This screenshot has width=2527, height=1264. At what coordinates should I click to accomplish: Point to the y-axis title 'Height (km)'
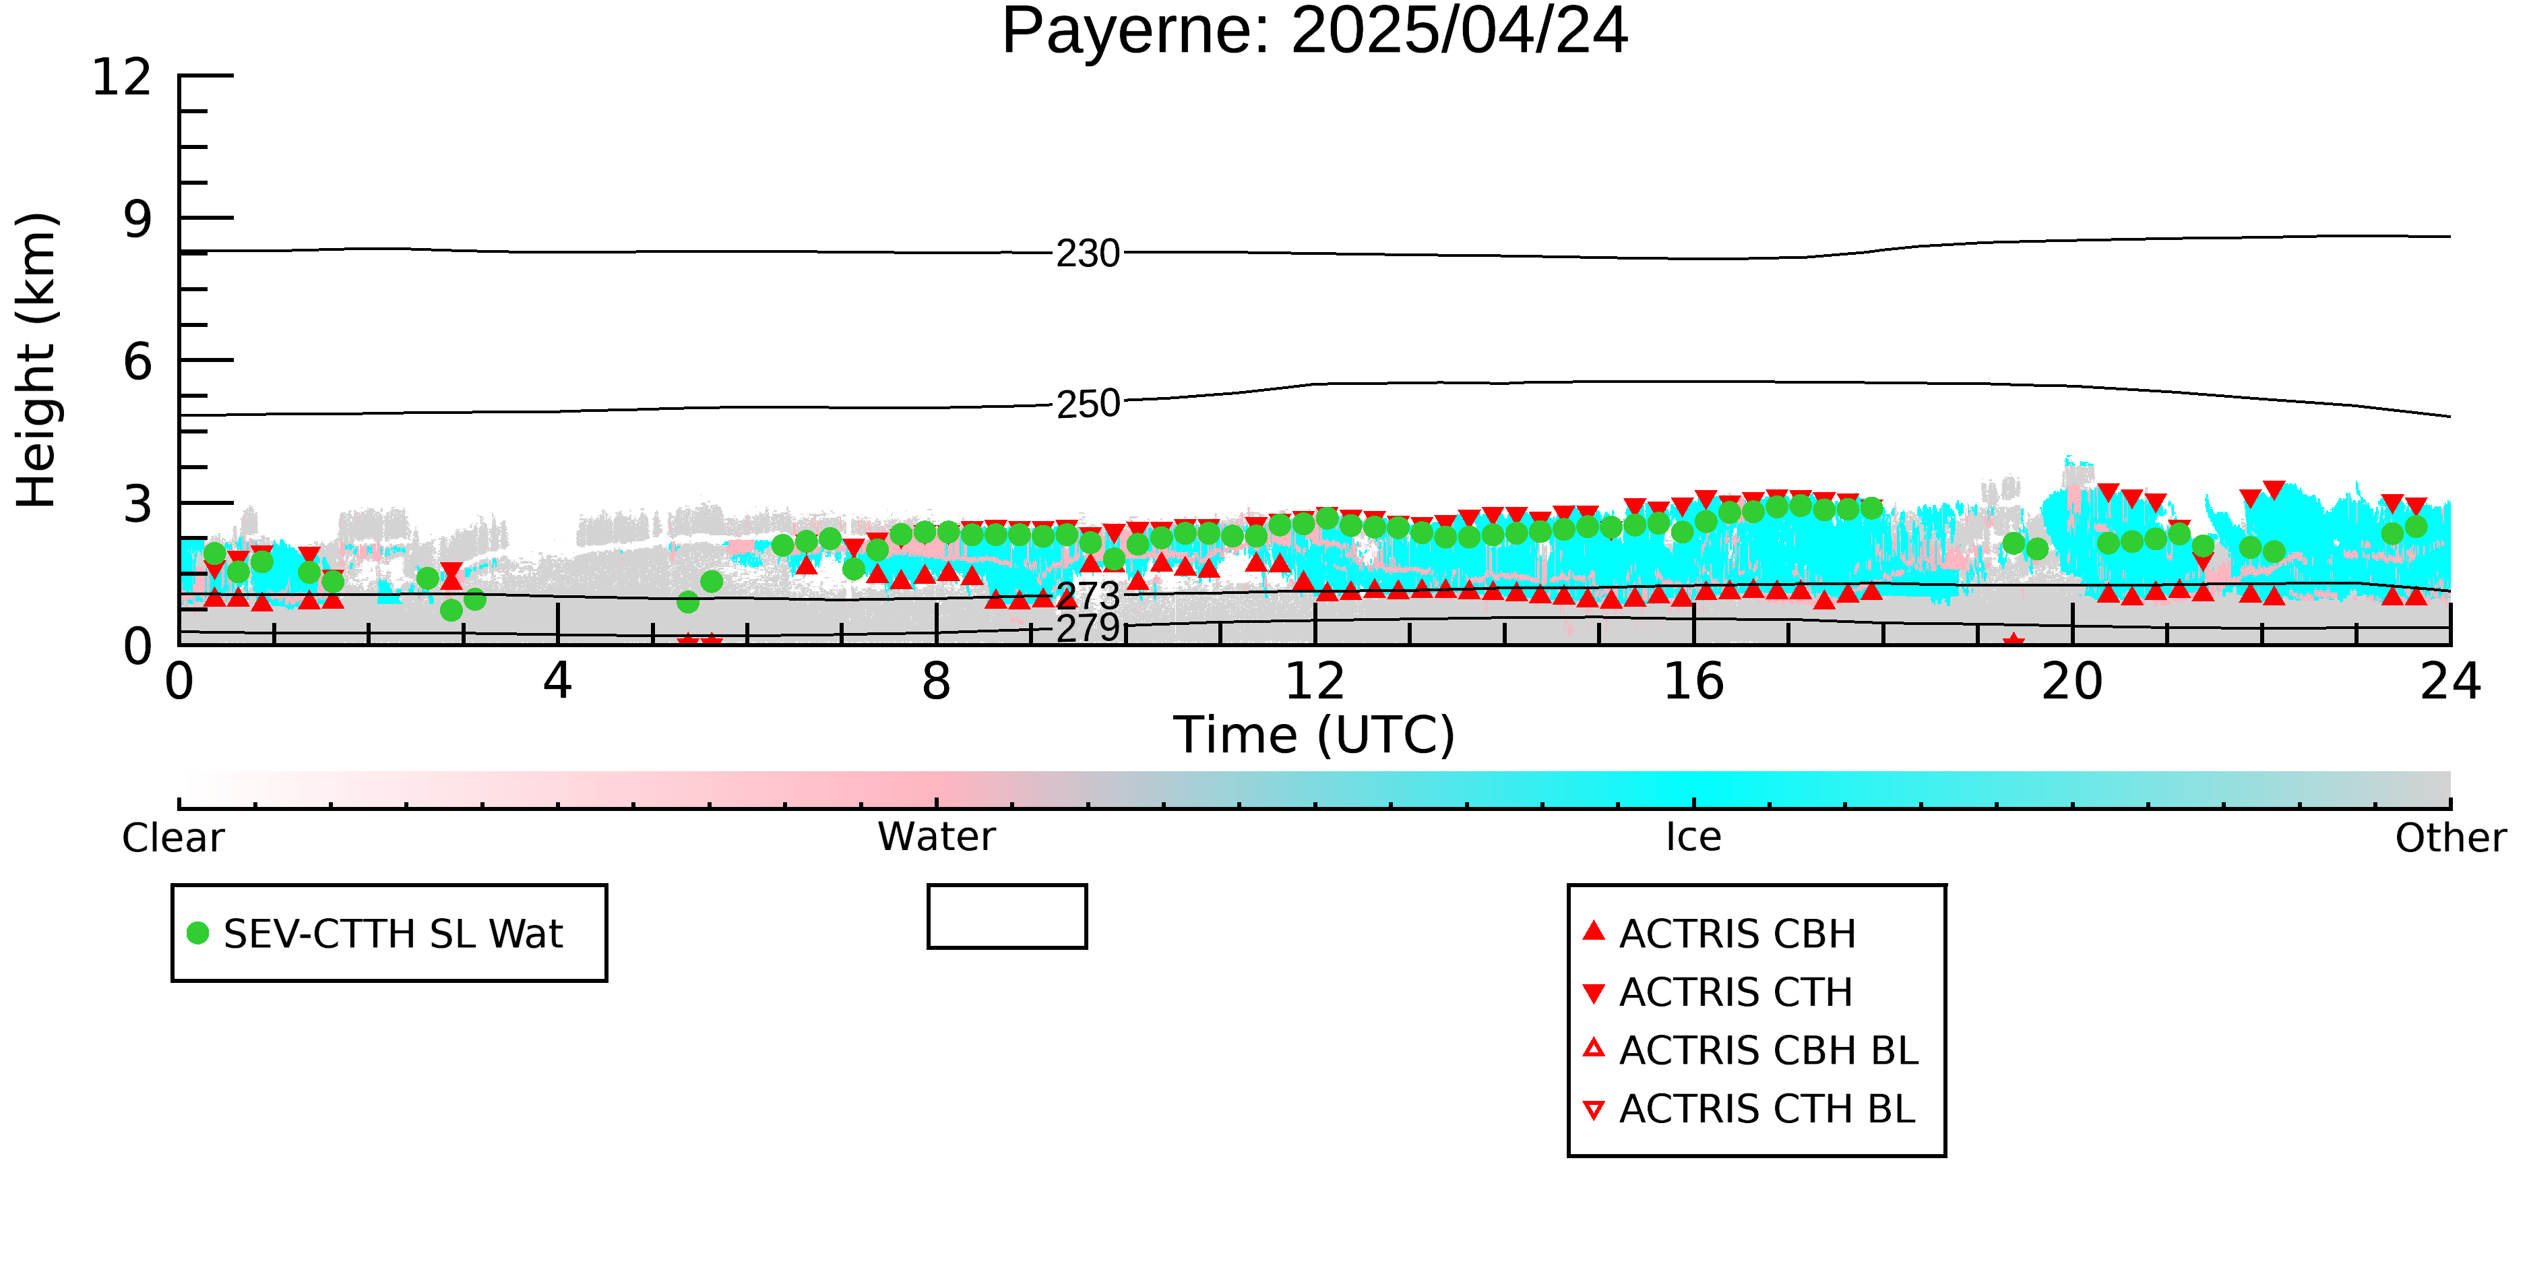(37, 360)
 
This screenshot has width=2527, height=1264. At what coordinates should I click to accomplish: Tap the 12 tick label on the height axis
(122, 77)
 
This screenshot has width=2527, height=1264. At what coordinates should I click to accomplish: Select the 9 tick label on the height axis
(138, 219)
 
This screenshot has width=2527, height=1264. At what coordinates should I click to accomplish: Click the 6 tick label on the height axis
(138, 362)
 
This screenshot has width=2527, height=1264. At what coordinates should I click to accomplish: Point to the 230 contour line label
(1088, 253)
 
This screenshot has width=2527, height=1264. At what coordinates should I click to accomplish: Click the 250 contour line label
(1088, 403)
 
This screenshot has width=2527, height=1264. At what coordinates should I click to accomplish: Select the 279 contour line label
(1088, 628)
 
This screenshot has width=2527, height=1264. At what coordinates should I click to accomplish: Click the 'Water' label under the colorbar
(937, 837)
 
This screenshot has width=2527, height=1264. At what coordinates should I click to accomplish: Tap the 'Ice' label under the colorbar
(1693, 837)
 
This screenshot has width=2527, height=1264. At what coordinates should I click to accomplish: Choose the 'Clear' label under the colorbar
(173, 838)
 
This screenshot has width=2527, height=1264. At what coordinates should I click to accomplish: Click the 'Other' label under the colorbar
(2450, 838)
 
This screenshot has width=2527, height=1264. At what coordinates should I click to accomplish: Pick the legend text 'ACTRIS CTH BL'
(1767, 1109)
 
